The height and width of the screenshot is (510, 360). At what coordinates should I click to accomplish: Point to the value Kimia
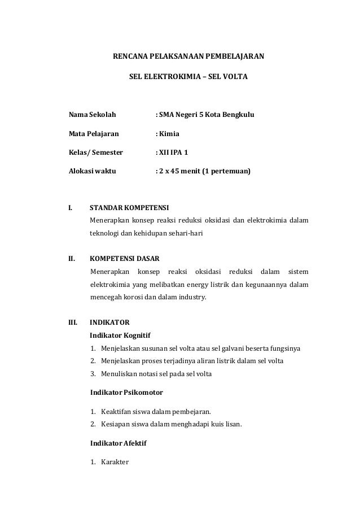[169, 134]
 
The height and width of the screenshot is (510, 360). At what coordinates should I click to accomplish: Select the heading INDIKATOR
[110, 324]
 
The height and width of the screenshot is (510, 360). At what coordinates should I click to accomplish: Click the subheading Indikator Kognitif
[120, 335]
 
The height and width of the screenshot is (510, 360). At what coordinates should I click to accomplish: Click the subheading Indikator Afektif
[118, 443]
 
